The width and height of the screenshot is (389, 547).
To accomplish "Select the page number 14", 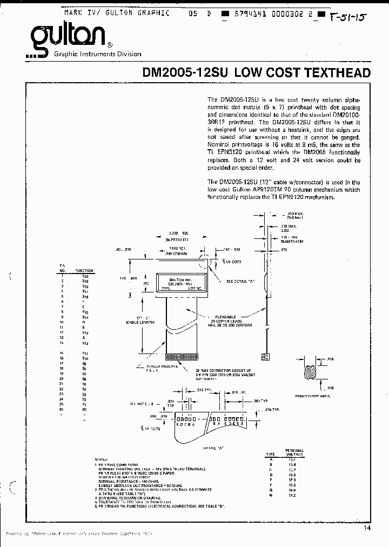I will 367,528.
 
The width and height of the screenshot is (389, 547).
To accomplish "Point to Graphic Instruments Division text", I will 98,54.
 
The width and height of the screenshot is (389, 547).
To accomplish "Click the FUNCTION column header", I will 84,270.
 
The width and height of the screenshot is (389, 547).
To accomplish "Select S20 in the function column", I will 85,276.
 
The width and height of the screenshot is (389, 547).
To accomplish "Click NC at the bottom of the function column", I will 85,409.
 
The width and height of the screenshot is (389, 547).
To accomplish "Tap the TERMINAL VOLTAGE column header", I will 294,452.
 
